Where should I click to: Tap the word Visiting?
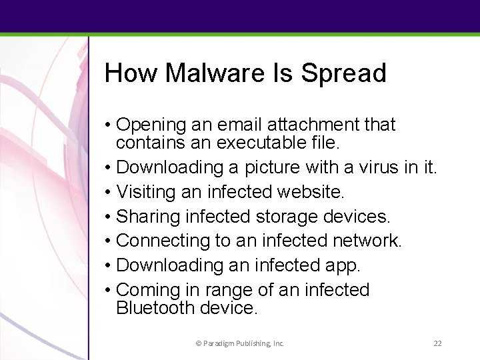(142, 192)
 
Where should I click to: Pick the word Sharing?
(141, 216)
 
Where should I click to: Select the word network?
(367, 241)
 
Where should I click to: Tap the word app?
(342, 265)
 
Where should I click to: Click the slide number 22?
(438, 343)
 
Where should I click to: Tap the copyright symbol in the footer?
(198, 343)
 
